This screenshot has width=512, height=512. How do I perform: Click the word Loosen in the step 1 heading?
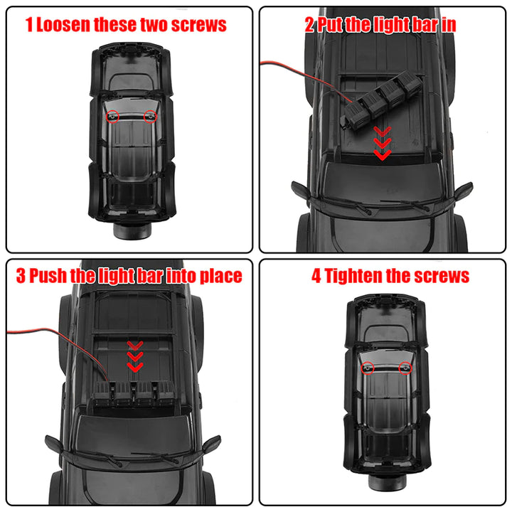click(63, 25)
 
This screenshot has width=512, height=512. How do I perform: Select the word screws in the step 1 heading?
click(198, 25)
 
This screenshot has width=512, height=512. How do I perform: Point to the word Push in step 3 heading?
click(48, 276)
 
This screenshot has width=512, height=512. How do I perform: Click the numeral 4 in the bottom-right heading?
click(316, 276)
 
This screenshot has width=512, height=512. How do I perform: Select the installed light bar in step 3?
click(134, 393)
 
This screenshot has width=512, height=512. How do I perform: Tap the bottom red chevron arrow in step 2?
click(383, 155)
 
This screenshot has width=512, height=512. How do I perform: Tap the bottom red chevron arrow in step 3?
click(135, 367)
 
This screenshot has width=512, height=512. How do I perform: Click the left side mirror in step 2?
click(300, 191)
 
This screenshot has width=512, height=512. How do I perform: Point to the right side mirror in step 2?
click(464, 191)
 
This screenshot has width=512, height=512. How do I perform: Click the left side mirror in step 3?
click(54, 444)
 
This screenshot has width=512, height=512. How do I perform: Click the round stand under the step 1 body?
click(132, 230)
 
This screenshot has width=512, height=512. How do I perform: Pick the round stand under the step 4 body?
click(387, 482)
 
